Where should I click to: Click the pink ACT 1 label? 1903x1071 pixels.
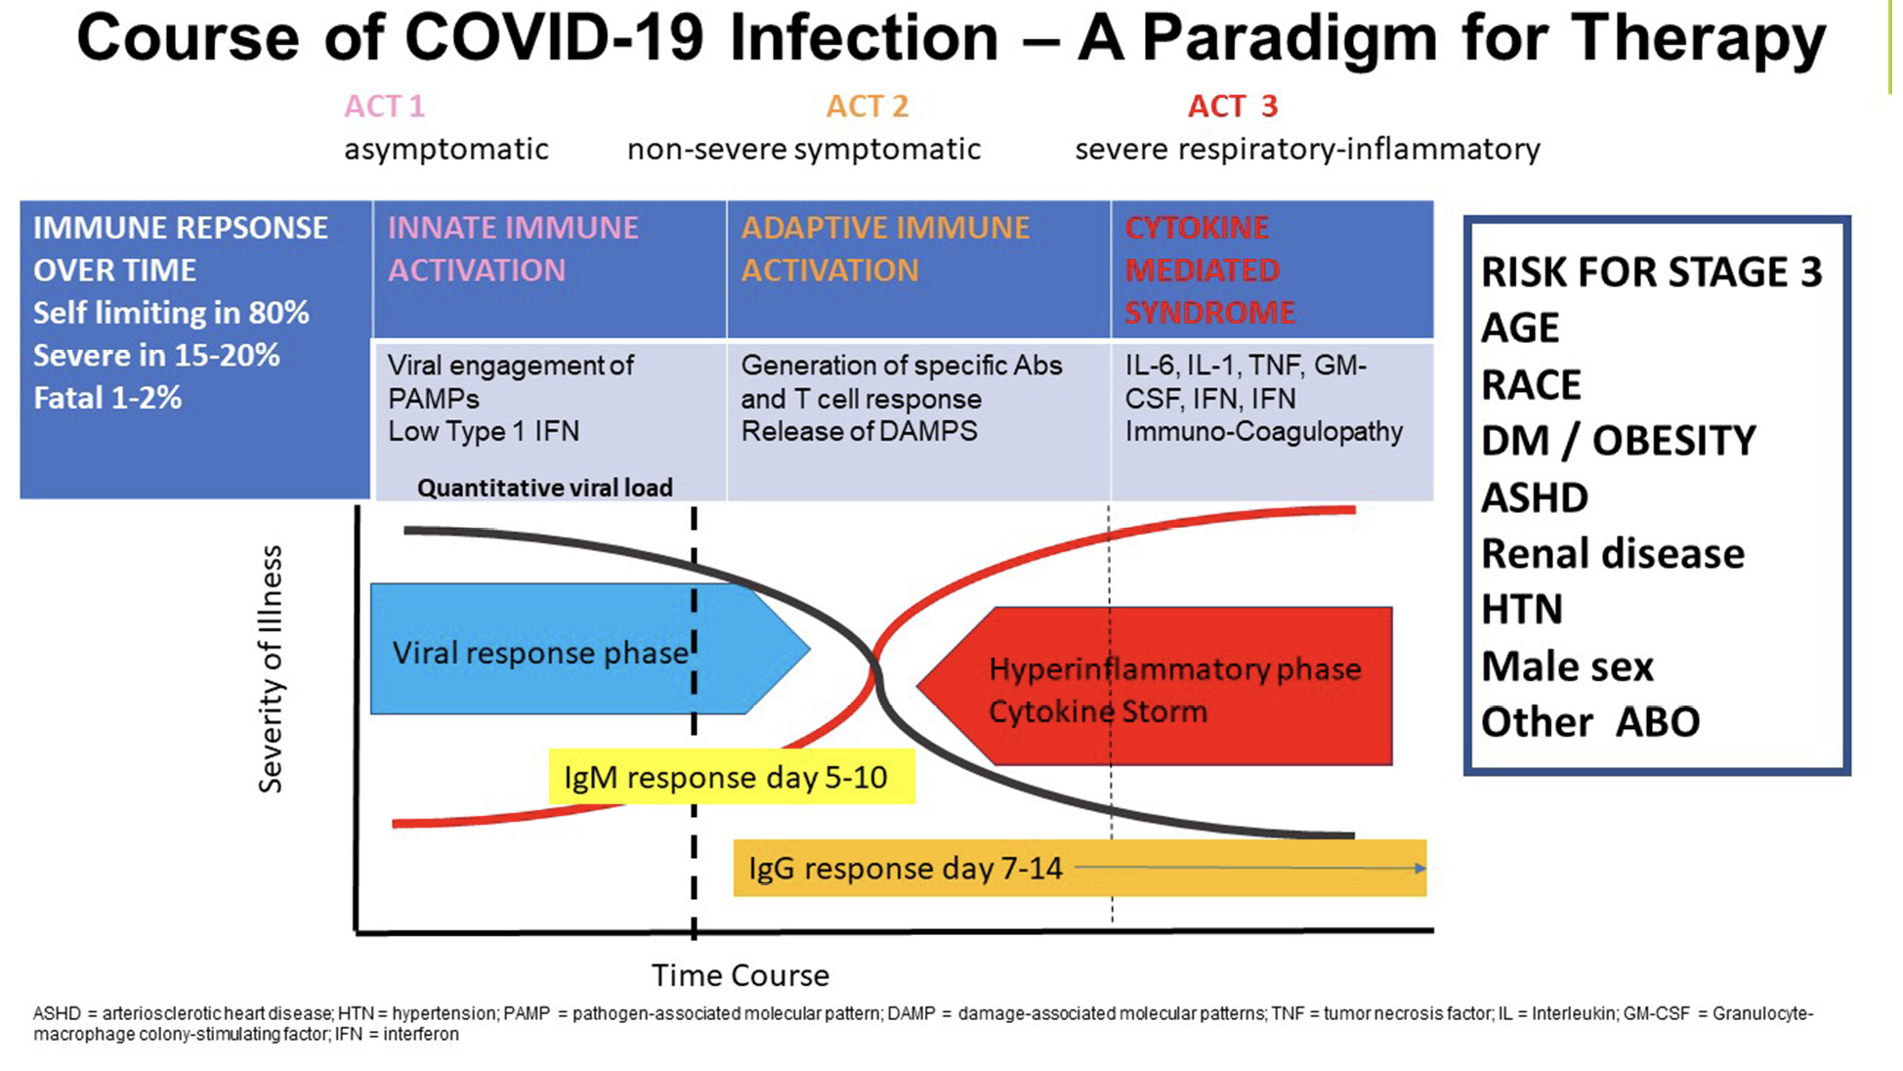click(384, 106)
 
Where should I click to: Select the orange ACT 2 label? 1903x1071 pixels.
click(867, 106)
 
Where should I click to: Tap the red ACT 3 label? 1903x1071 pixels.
click(1232, 106)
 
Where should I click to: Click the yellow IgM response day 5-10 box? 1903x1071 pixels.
click(731, 777)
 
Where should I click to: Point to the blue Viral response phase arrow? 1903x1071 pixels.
click(539, 651)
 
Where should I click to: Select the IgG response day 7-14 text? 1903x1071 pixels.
click(905, 868)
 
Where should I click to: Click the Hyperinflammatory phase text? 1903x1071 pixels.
click(1174, 669)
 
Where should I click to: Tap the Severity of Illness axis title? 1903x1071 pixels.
click(271, 668)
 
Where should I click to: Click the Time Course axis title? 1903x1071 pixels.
click(740, 975)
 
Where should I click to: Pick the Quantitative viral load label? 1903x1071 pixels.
click(544, 488)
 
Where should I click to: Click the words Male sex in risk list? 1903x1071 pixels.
click(1567, 666)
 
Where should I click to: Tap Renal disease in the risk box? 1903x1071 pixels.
click(1612, 554)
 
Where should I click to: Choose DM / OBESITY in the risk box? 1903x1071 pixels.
click(1618, 441)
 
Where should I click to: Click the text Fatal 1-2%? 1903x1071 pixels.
click(107, 398)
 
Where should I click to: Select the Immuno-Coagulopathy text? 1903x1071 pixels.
click(1263, 432)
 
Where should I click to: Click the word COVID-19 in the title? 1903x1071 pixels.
click(553, 39)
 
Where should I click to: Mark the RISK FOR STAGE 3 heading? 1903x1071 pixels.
click(1651, 272)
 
